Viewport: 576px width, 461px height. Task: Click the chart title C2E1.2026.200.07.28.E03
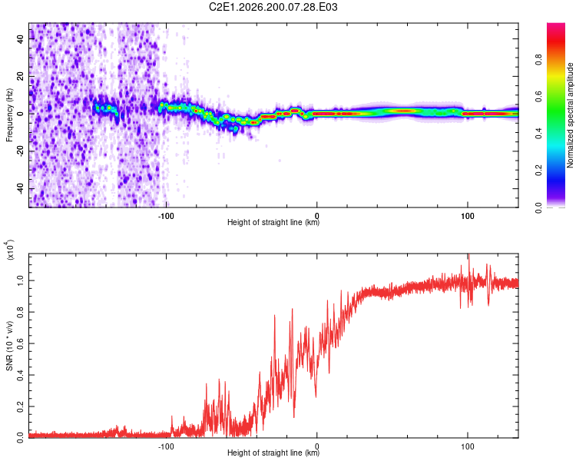point(273,7)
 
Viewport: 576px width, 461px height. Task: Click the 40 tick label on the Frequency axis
point(21,38)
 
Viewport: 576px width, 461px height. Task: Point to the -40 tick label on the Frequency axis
point(21,189)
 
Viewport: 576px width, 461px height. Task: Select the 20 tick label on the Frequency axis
point(21,76)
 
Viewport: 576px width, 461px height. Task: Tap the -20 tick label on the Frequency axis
point(21,151)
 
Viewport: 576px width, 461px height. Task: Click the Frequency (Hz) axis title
point(9,114)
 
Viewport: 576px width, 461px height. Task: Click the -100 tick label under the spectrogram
point(166,216)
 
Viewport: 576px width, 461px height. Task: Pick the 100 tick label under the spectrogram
point(467,216)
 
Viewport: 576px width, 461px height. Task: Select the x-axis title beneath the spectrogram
point(273,222)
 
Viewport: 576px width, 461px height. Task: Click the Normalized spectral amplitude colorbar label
point(570,115)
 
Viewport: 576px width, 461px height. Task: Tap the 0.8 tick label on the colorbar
point(538,60)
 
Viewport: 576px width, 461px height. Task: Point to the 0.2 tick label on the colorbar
point(538,171)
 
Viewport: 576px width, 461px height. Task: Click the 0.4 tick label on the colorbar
point(538,134)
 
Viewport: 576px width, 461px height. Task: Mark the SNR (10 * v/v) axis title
point(9,346)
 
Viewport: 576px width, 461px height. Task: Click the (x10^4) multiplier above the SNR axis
point(9,250)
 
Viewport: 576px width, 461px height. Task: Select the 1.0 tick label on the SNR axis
point(21,281)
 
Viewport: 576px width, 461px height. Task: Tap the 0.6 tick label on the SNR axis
point(21,343)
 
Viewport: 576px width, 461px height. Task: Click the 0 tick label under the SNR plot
point(316,446)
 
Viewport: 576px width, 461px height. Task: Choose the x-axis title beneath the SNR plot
point(273,453)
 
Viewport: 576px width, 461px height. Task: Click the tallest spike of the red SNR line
point(468,255)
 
